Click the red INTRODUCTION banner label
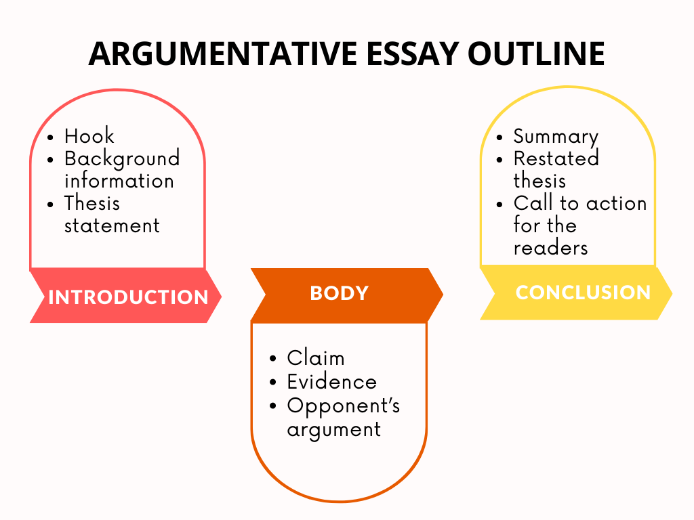click(128, 297)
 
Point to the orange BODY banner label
click(339, 293)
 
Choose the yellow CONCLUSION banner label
click(583, 292)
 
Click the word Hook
click(89, 135)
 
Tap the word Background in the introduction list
click(122, 158)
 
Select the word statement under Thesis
click(112, 225)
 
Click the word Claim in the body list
click(315, 357)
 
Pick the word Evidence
click(331, 381)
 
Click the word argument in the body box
click(333, 429)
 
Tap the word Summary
click(556, 137)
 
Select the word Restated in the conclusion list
click(556, 158)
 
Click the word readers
click(550, 247)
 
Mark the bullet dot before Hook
click(51, 137)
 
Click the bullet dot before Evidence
click(273, 383)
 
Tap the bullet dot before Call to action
click(500, 204)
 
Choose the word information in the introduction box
click(119, 181)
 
